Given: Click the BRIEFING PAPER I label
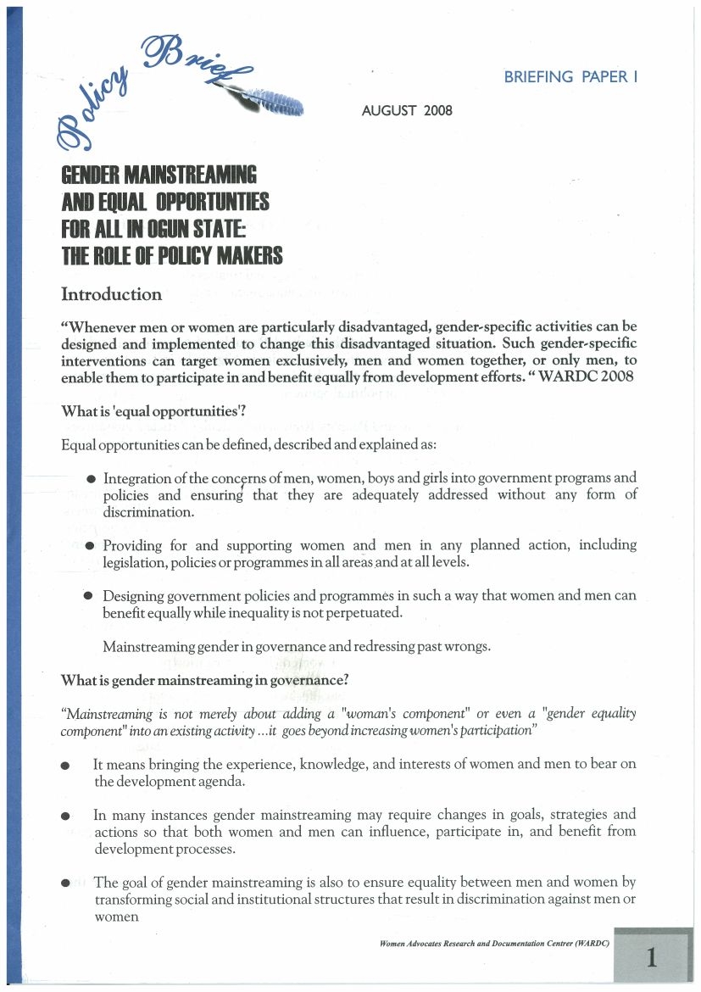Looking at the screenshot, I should tap(570, 77).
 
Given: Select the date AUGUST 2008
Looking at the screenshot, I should tap(407, 111).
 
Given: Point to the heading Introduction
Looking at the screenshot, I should tap(111, 295).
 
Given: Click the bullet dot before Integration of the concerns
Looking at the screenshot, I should tap(91, 480).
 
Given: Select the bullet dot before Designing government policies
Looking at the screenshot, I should tap(88, 596).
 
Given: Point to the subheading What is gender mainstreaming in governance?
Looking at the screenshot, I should tap(206, 680).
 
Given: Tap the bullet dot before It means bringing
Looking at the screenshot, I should tap(65, 766).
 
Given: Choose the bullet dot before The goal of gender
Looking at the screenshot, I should tap(65, 883).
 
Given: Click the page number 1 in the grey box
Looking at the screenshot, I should tap(651, 958).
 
